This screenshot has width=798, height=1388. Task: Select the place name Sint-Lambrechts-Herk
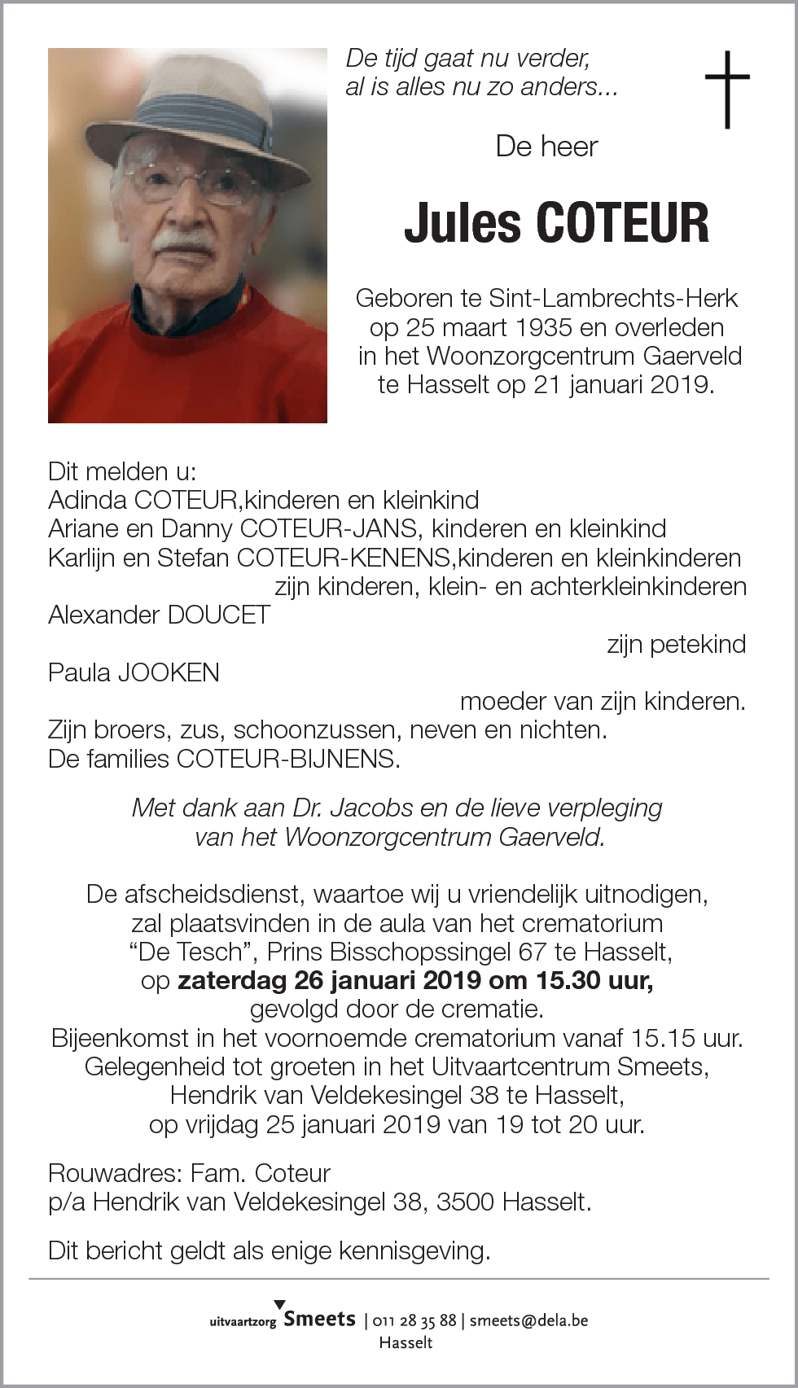(613, 298)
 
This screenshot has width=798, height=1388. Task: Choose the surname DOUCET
(218, 615)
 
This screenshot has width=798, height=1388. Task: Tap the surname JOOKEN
(169, 672)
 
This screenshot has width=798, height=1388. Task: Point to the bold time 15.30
(568, 980)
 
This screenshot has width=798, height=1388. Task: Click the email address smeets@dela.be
(528, 1320)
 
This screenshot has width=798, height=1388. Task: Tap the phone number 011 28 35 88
(414, 1320)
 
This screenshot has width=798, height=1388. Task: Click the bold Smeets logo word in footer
(319, 1319)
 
